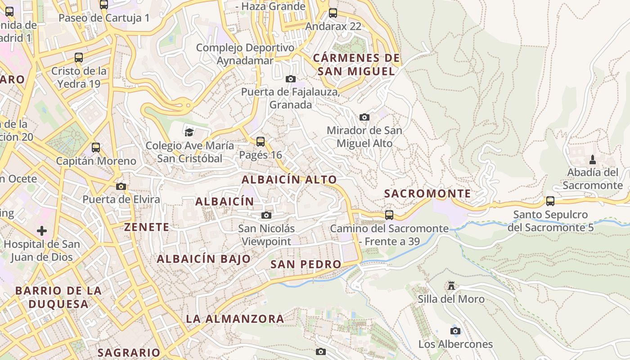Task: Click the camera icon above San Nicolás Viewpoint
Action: (x=266, y=215)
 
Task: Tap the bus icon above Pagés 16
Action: (x=260, y=141)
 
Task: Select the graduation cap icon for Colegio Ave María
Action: (x=189, y=132)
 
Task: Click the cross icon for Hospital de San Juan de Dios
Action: (x=42, y=231)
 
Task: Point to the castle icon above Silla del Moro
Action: (x=451, y=286)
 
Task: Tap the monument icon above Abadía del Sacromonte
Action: (x=593, y=159)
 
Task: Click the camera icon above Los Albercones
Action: (x=455, y=331)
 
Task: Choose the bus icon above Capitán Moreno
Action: (x=96, y=147)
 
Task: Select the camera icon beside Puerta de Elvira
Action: (x=121, y=186)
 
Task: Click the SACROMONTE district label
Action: (x=427, y=194)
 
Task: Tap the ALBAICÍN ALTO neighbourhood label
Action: (x=289, y=180)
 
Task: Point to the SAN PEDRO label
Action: (x=306, y=264)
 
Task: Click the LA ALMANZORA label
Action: (x=235, y=319)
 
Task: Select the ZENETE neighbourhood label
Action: (x=147, y=227)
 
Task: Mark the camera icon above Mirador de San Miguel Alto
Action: (x=364, y=117)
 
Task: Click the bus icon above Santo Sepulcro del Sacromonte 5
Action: (x=550, y=201)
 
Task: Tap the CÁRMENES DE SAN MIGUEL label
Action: (x=356, y=64)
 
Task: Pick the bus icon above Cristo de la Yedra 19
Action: (x=79, y=58)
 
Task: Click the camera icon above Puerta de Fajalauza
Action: (x=291, y=79)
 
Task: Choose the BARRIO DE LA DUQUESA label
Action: (x=58, y=297)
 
